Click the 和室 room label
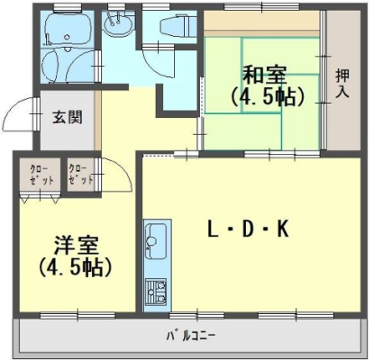[264, 75]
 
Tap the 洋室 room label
[76, 247]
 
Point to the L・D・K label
[248, 229]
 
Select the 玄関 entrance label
[68, 117]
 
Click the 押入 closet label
[342, 84]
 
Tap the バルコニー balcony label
[191, 335]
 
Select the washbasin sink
[118, 23]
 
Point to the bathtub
[67, 29]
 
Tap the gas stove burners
[156, 291]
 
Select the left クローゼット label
[41, 175]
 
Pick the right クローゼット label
[81, 175]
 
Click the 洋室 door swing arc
[123, 171]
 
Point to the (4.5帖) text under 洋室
[76, 266]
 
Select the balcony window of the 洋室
[78, 316]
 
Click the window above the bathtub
[67, 6]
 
